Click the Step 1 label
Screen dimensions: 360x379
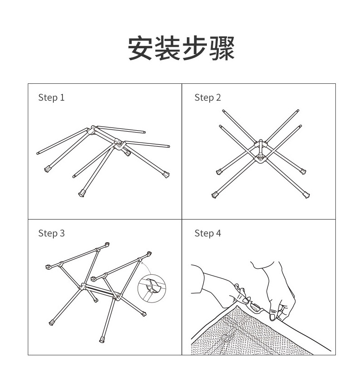click(x=51, y=97)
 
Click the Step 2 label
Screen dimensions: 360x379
click(x=208, y=97)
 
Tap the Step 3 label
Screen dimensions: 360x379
click(x=51, y=234)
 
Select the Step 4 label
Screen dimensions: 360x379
click(x=208, y=234)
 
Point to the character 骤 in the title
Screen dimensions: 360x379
click(x=222, y=48)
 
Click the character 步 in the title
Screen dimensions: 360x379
click(x=195, y=48)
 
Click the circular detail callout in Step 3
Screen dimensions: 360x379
click(x=152, y=288)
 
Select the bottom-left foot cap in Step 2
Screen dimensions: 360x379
click(x=215, y=195)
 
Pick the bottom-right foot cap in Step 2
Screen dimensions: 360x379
click(x=306, y=195)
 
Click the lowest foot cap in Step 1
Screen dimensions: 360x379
click(x=82, y=193)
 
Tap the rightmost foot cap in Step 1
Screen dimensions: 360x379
click(x=166, y=174)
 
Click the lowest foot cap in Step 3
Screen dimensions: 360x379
click(x=102, y=340)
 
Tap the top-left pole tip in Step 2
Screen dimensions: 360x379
click(x=223, y=111)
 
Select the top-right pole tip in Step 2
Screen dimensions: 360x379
click(x=298, y=111)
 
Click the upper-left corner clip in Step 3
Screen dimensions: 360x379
click(x=48, y=267)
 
